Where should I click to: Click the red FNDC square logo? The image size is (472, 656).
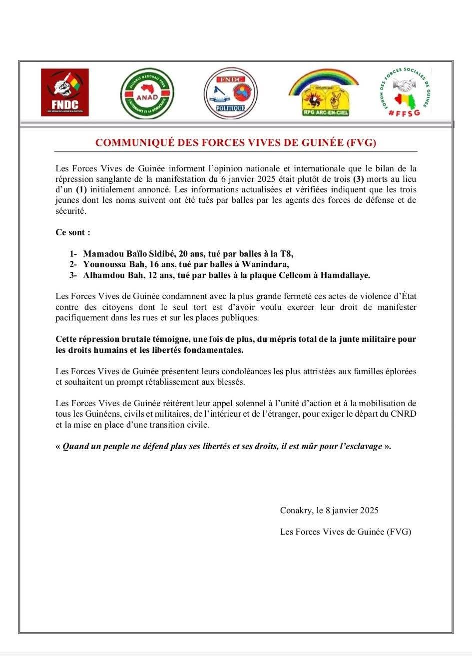(x=64, y=92)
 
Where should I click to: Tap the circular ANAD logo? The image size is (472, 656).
(x=147, y=93)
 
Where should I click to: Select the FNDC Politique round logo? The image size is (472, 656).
(x=230, y=93)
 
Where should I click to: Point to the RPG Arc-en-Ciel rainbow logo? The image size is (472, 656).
(x=324, y=93)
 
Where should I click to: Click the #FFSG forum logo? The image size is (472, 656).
(x=404, y=93)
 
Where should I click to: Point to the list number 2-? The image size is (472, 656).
(x=73, y=264)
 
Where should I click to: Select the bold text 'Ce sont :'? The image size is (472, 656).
(x=73, y=232)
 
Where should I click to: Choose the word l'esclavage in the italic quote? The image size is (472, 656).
(x=359, y=446)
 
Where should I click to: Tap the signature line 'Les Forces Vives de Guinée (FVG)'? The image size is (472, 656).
(x=345, y=532)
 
